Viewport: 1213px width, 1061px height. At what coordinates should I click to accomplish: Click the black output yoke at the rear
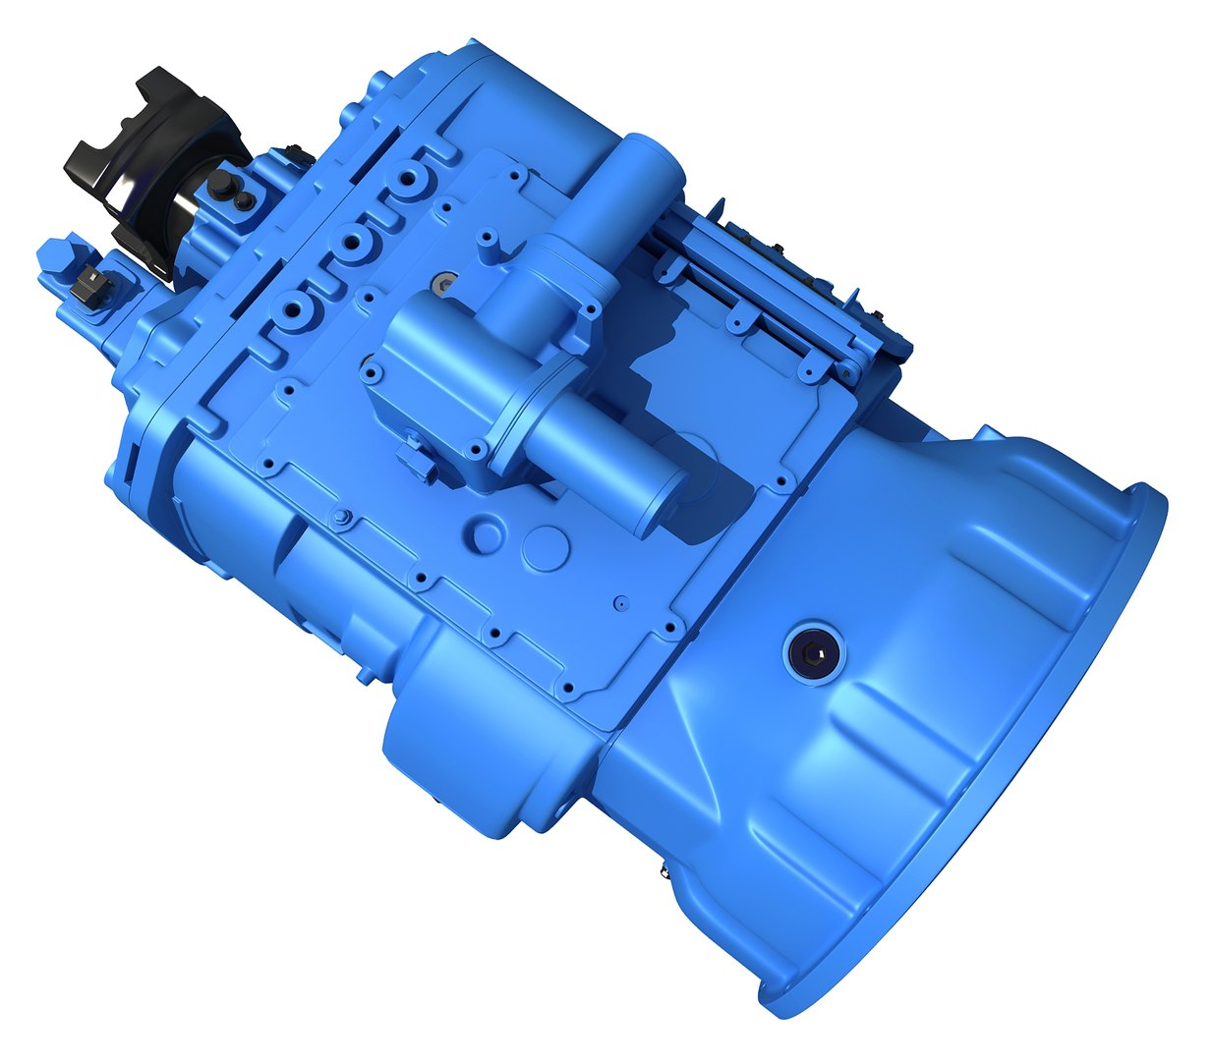[x=147, y=157]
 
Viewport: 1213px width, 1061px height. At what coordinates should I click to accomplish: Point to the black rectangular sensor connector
[x=88, y=285]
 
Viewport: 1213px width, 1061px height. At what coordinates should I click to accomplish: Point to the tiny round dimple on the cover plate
[x=619, y=600]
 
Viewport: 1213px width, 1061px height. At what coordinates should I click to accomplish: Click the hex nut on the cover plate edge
[x=340, y=518]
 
